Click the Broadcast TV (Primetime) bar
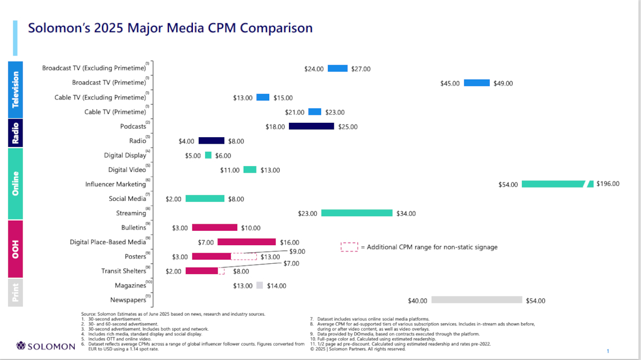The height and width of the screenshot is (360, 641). [x=476, y=83]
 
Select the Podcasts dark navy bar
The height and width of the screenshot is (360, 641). [x=311, y=127]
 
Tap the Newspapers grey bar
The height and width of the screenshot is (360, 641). [x=476, y=300]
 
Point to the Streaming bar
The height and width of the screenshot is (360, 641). [x=357, y=213]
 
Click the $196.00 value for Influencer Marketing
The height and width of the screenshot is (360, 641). [x=608, y=184]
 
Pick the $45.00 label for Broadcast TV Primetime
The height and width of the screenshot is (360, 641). [x=450, y=83]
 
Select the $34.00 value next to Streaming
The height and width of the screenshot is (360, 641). [x=406, y=214]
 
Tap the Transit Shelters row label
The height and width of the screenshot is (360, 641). [x=123, y=271]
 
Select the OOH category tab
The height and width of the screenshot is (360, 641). [x=15, y=249]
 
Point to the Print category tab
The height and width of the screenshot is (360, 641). [x=15, y=292]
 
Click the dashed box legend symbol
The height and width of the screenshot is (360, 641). [x=349, y=247]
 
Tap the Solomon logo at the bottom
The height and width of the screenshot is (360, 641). [x=46, y=346]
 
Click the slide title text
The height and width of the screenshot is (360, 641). [x=170, y=28]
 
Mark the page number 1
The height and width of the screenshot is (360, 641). [x=608, y=351]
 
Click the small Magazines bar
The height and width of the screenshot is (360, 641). [x=260, y=286]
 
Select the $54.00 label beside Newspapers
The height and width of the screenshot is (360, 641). [x=535, y=301]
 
